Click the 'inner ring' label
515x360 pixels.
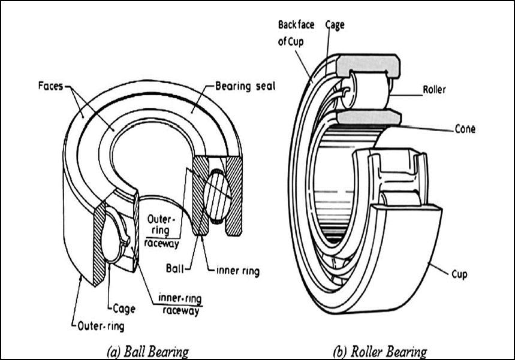(237, 271)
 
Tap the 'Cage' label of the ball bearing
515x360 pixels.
(122, 308)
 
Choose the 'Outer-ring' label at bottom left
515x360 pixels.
(98, 326)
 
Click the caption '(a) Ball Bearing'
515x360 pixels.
(147, 350)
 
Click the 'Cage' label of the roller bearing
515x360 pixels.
(335, 25)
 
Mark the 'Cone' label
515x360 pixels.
(464, 128)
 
